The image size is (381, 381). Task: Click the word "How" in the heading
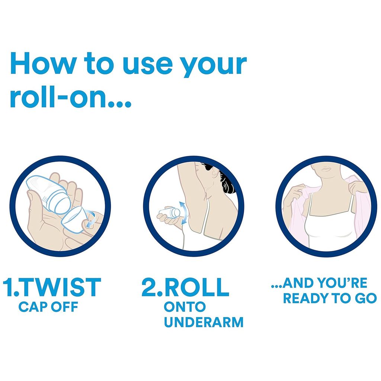[x=43, y=63]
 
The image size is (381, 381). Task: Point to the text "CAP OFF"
[x=48, y=307]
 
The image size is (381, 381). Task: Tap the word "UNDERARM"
[x=204, y=322]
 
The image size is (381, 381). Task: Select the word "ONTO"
[x=185, y=307]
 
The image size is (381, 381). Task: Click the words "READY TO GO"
[x=330, y=298]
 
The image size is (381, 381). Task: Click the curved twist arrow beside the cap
[x=90, y=219]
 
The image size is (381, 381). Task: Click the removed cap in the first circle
[x=73, y=220]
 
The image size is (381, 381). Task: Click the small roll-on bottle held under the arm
[x=170, y=212]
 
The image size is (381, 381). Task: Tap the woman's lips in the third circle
[x=326, y=169]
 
